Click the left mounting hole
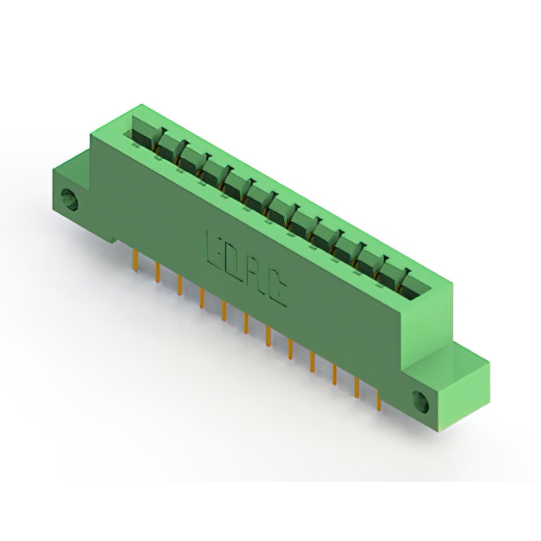69,200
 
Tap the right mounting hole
421,402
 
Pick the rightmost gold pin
379,399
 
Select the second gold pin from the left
158,271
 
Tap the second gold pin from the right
357,387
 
